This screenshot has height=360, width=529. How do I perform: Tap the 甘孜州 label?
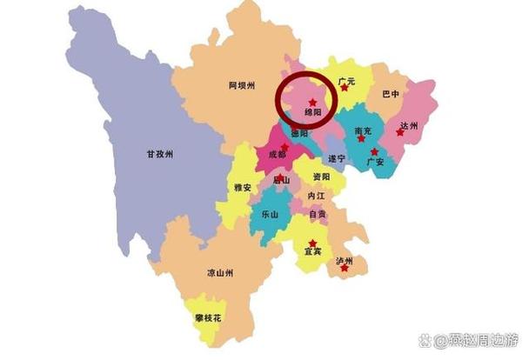[159, 155]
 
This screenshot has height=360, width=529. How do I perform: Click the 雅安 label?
[243, 187]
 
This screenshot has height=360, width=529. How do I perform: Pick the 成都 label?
[276, 155]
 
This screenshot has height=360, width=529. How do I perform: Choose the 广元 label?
[349, 82]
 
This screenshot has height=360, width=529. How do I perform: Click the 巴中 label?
[391, 94]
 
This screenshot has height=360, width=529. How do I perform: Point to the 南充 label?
[364, 131]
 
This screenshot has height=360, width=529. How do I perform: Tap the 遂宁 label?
[337, 158]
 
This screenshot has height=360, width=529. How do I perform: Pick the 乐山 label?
[270, 214]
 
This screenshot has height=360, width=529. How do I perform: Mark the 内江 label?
[316, 197]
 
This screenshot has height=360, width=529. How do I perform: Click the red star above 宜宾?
[312, 243]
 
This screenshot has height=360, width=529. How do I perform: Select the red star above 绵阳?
[312, 103]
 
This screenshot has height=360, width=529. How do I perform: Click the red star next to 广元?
[345, 88]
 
